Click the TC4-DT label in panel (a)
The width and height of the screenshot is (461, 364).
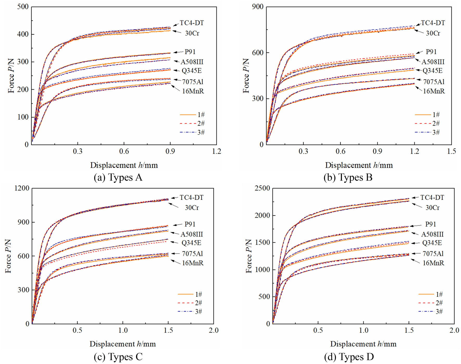[192, 23]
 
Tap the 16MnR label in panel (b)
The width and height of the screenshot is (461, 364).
[434, 91]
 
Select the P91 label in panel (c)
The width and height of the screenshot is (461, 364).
[190, 224]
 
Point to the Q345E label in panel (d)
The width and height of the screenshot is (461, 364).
[432, 243]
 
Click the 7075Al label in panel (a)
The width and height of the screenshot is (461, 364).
[192, 82]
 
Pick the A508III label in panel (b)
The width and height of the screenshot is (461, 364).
[433, 62]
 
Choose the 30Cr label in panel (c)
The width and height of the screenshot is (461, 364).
[192, 208]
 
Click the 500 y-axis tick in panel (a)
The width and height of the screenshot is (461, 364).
[23, 7]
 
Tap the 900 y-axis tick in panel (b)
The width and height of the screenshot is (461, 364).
[258, 7]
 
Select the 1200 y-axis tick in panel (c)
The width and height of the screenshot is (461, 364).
[22, 188]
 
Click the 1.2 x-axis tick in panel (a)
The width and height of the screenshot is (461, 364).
[216, 151]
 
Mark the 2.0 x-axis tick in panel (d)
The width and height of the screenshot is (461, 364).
[454, 330]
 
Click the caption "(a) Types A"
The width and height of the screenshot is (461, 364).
[118, 177]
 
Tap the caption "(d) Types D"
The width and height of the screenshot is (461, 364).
[349, 357]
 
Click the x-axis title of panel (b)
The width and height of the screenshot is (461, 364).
[359, 165]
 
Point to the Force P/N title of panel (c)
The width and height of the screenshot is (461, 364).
[8, 256]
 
